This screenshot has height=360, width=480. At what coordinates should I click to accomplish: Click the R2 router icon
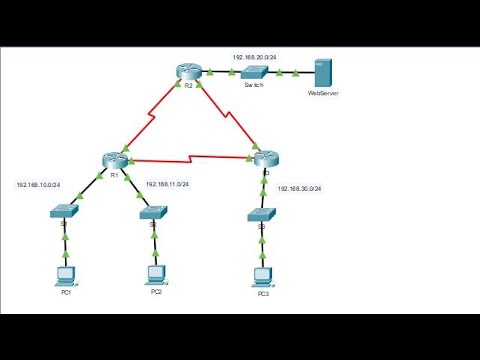pyautogui.click(x=186, y=71)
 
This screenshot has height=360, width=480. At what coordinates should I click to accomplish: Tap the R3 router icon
pyautogui.click(x=264, y=158)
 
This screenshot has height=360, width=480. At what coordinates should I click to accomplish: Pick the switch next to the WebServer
pyautogui.click(x=253, y=72)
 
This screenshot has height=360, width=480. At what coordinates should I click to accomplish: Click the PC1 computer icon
pyautogui.click(x=66, y=273)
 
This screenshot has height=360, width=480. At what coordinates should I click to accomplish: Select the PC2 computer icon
pyautogui.click(x=156, y=273)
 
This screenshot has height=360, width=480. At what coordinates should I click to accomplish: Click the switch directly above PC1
pyautogui.click(x=67, y=210)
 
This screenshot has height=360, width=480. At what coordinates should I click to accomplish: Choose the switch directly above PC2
pyautogui.click(x=155, y=210)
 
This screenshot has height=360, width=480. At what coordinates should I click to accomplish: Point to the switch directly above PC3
pyautogui.click(x=262, y=214)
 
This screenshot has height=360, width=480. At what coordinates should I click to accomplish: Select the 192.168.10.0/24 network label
pyautogui.click(x=38, y=185)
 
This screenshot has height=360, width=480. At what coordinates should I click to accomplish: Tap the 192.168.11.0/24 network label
pyautogui.click(x=167, y=185)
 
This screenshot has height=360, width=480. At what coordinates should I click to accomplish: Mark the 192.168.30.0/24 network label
pyautogui.click(x=299, y=188)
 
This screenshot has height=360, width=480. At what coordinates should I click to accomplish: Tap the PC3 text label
pyautogui.click(x=263, y=295)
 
